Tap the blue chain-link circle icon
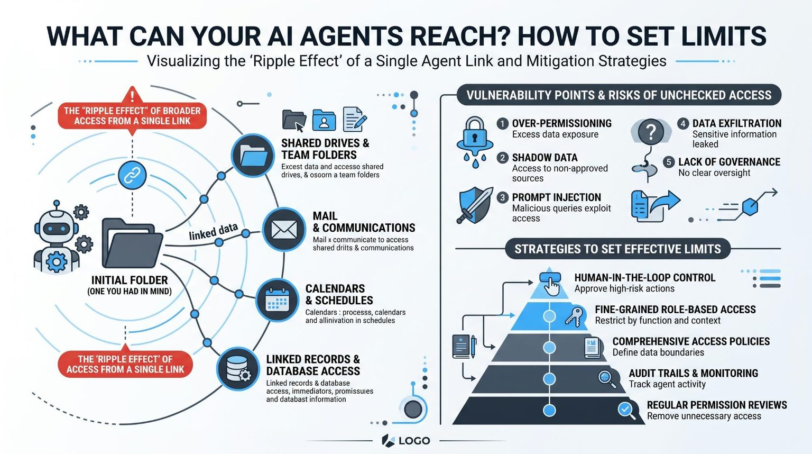(132, 175)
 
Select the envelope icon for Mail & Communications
(284, 229)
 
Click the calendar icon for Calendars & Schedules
(278, 300)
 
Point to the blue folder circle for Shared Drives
(253, 156)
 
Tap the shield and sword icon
(475, 205)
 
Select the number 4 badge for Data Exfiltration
(683, 124)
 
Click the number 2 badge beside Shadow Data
(502, 158)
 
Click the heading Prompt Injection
(557, 197)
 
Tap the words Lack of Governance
(729, 162)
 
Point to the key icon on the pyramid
(574, 316)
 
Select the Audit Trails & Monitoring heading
(694, 373)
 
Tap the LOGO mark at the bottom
(406, 441)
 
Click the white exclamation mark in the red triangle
(132, 96)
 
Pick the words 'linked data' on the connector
(213, 232)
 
